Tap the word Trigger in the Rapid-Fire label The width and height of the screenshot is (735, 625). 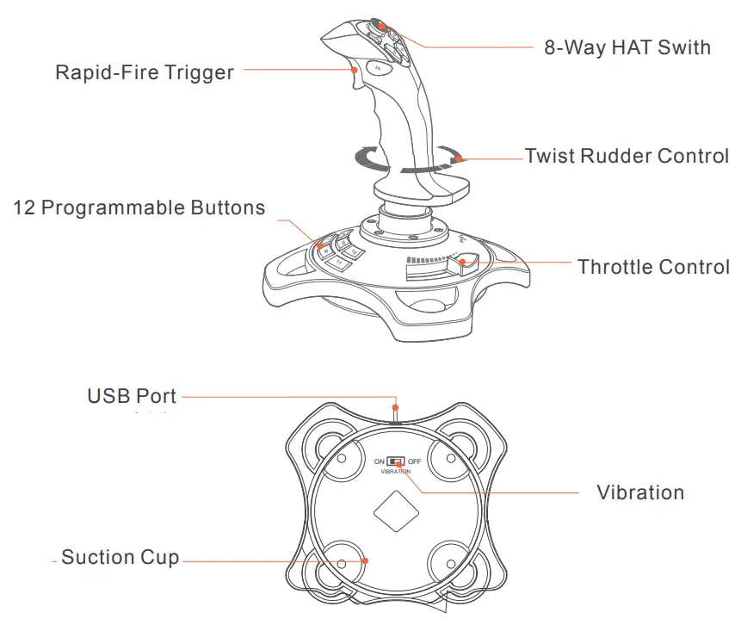(200, 72)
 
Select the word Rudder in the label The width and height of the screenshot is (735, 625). (615, 157)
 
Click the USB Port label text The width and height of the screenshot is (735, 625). (132, 397)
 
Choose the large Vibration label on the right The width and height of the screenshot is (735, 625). (640, 493)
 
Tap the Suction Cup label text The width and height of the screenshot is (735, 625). (120, 558)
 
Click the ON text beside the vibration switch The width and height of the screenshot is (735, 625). (380, 462)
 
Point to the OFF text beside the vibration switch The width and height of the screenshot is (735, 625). (414, 462)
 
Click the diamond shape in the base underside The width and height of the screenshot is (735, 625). (396, 511)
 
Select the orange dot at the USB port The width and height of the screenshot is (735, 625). (395, 406)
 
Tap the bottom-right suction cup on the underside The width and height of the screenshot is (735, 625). (448, 563)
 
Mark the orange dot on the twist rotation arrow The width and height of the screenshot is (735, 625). (460, 158)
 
